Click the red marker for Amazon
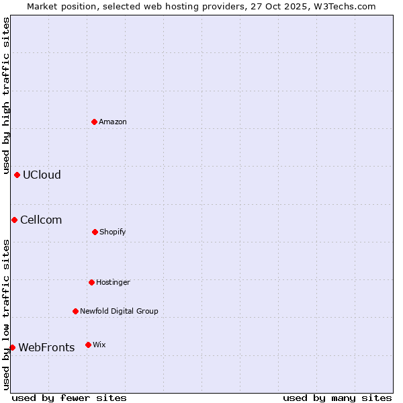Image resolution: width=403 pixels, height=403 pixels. (x=95, y=122)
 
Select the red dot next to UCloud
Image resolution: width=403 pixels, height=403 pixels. (x=17, y=175)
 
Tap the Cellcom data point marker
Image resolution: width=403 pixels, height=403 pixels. (x=14, y=220)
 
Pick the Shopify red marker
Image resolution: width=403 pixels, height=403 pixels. (x=95, y=232)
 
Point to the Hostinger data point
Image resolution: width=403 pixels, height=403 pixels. (x=91, y=282)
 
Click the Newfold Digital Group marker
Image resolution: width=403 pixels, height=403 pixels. (x=75, y=311)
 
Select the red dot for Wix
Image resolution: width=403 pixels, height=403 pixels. (x=88, y=345)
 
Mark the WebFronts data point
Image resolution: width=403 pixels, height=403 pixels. (x=12, y=347)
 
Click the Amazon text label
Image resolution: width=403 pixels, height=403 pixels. (x=113, y=122)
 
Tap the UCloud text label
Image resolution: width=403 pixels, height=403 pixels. (x=42, y=175)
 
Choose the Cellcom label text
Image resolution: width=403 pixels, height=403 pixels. (x=41, y=220)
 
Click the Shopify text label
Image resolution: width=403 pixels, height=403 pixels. (x=113, y=232)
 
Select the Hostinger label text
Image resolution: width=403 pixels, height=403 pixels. (x=113, y=282)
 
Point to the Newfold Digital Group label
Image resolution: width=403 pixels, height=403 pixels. (x=119, y=311)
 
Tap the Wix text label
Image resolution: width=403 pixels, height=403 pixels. (x=99, y=345)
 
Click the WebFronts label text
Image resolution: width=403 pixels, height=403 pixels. (x=46, y=347)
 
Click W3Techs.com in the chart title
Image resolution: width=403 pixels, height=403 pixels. (x=347, y=6)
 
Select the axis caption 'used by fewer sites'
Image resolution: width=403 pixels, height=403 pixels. (x=69, y=398)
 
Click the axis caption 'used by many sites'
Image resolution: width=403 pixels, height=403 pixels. (x=337, y=398)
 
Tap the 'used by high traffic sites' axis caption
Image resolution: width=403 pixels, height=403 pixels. (x=6, y=95)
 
